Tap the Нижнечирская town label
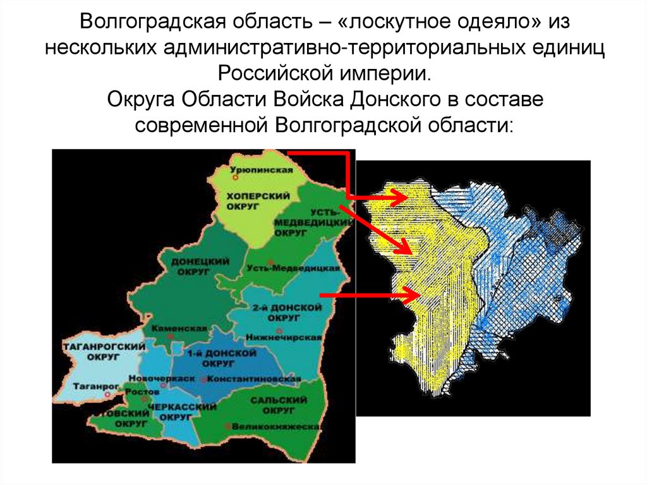coord(291,338)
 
